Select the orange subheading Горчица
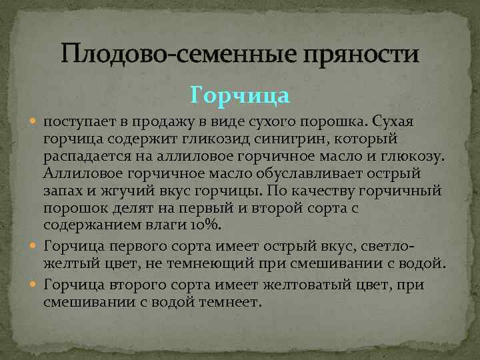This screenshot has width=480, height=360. click(x=240, y=96)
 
